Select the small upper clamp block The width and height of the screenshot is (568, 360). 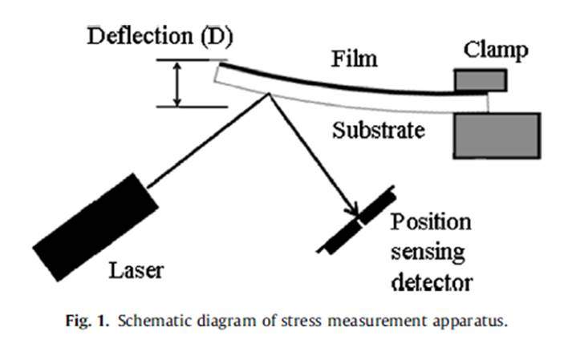coord(481,80)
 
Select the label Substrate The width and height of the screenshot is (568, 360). coord(379,129)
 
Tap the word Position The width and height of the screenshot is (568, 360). coord(431,223)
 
